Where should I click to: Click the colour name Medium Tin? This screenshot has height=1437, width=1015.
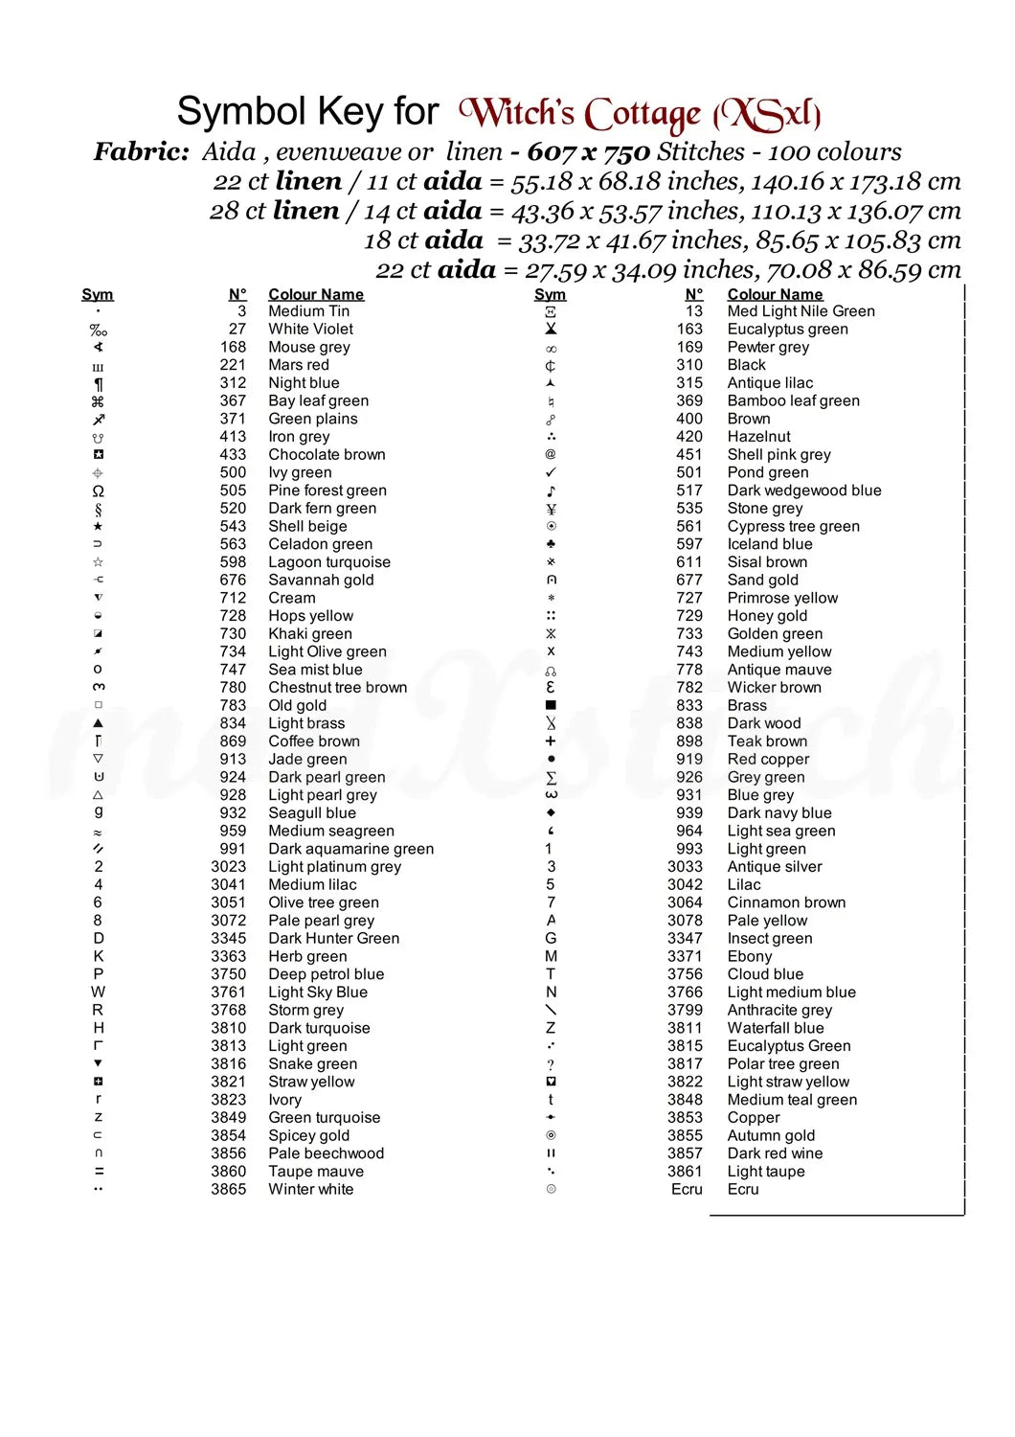click(308, 311)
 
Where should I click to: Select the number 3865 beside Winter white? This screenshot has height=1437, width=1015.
click(228, 1189)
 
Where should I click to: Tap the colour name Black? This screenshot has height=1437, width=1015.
click(746, 365)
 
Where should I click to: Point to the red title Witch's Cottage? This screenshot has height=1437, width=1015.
click(639, 114)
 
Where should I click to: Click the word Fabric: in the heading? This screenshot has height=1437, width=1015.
click(141, 151)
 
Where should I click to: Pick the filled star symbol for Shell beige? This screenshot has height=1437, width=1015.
click(98, 526)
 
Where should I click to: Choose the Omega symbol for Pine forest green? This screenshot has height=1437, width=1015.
click(98, 490)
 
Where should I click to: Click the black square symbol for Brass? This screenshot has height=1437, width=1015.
click(551, 705)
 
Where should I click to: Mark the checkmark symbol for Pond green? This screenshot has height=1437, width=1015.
click(551, 472)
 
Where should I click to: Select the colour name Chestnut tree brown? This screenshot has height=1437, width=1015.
click(337, 687)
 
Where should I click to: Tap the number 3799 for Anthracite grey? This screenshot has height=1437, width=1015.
click(685, 1010)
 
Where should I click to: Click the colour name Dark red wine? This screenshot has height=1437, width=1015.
click(775, 1153)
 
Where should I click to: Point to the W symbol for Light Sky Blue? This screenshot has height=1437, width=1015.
click(98, 992)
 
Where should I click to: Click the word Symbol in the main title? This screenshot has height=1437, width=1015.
click(241, 112)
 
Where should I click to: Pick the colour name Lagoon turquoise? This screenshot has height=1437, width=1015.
click(329, 562)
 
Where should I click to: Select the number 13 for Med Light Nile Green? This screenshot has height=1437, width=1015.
click(693, 311)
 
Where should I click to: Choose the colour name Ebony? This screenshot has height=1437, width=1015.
click(749, 956)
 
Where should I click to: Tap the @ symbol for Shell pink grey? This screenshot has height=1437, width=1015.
click(551, 454)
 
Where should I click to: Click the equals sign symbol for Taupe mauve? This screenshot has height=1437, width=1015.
click(98, 1171)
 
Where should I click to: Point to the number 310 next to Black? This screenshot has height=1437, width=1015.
click(688, 365)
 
